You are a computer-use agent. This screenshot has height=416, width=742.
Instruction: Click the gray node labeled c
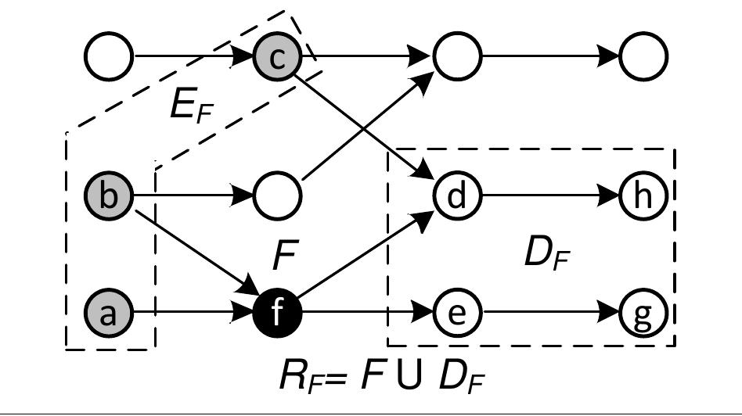tap(277, 56)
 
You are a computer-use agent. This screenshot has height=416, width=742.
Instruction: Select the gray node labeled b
tap(110, 195)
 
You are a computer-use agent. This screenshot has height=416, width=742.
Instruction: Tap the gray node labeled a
tap(110, 314)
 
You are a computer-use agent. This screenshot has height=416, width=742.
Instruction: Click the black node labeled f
tap(277, 314)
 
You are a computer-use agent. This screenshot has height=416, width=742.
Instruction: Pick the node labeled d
tap(458, 195)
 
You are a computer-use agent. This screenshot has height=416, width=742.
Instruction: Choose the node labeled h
tap(643, 195)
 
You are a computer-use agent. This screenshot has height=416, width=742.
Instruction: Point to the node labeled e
tap(458, 314)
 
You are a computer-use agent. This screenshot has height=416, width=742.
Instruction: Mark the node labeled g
tap(643, 314)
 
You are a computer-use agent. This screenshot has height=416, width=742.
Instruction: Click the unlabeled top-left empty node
tap(110, 56)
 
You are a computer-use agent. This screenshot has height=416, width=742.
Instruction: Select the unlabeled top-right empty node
tap(643, 56)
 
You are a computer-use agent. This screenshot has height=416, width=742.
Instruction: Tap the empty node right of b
tap(277, 195)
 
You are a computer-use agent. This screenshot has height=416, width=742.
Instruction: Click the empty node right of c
tap(458, 56)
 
